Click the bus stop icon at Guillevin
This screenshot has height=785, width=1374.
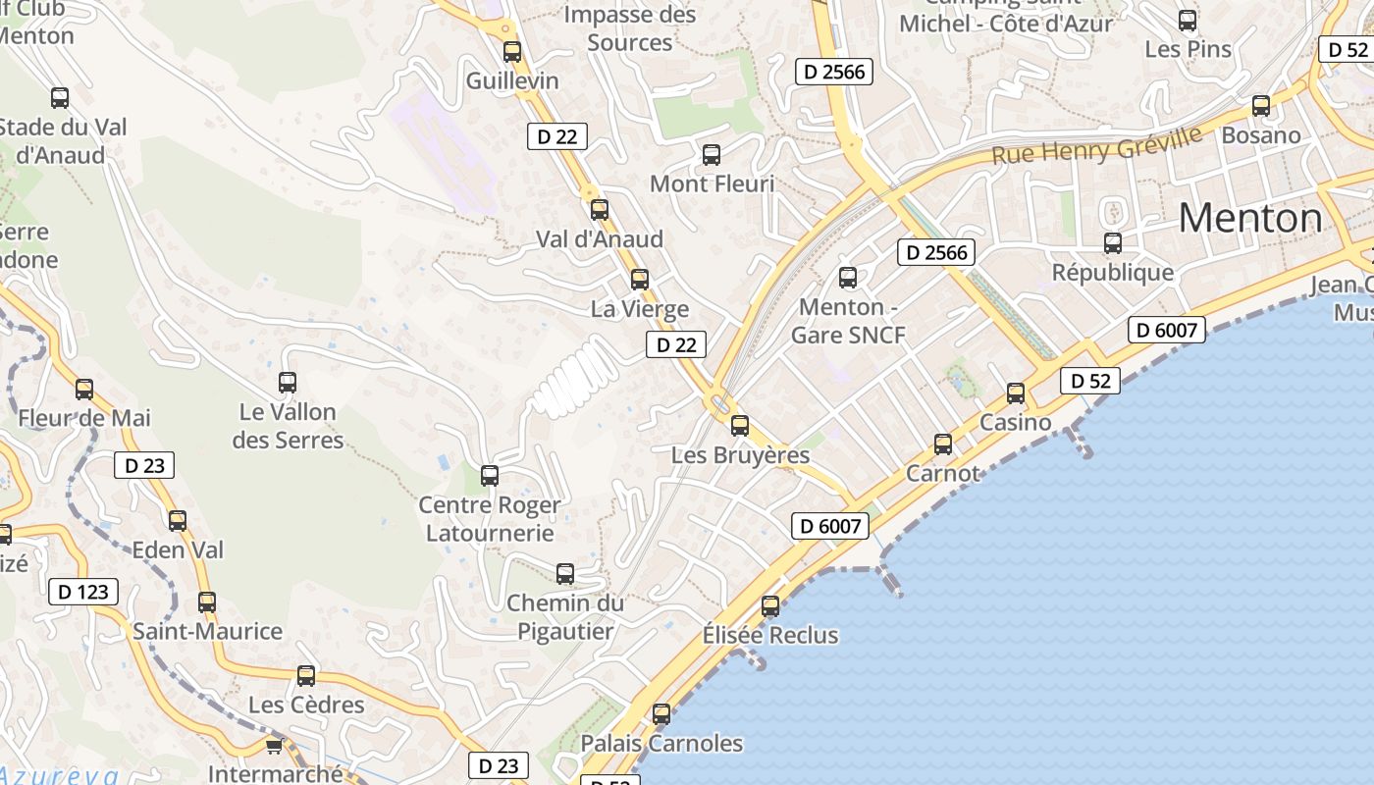coord(512,52)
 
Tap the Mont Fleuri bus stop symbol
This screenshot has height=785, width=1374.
coord(712,155)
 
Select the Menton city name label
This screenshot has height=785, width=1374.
coord(1249,218)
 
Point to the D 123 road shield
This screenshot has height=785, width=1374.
coord(83,592)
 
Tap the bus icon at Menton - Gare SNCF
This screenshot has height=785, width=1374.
coord(848,278)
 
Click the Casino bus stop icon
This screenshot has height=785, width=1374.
coord(1016,393)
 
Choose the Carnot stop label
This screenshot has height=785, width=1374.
coord(942,473)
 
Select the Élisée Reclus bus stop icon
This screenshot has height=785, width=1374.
coord(770,606)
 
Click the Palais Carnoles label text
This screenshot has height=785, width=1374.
coord(661,743)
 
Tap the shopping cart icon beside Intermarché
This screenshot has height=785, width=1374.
coord(274,746)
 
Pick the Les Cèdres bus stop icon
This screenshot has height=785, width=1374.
coord(306,676)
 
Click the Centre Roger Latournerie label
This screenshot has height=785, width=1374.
coord(490,519)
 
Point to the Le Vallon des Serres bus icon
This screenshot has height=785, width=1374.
coord(288,383)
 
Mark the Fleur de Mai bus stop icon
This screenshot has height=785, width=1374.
coord(84,390)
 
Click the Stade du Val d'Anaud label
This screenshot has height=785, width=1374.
coord(61,141)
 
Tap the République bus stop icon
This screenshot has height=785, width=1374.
coord(1113,243)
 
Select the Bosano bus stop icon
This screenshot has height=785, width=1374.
coord(1261,106)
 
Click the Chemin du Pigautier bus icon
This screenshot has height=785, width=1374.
coord(565,574)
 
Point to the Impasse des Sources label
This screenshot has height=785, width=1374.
coord(629,28)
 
